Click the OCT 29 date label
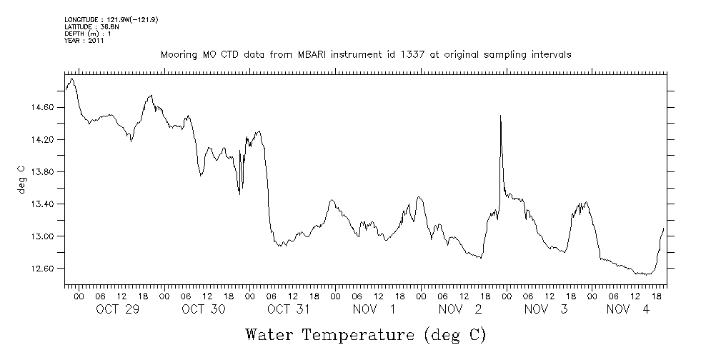(x=117, y=309)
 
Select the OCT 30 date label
(x=203, y=309)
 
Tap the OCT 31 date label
(x=289, y=309)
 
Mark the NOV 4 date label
(x=628, y=309)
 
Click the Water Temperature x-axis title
(x=365, y=334)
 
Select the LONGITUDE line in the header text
(x=111, y=19)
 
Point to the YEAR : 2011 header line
(x=84, y=41)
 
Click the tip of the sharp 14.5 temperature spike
(x=500, y=115)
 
